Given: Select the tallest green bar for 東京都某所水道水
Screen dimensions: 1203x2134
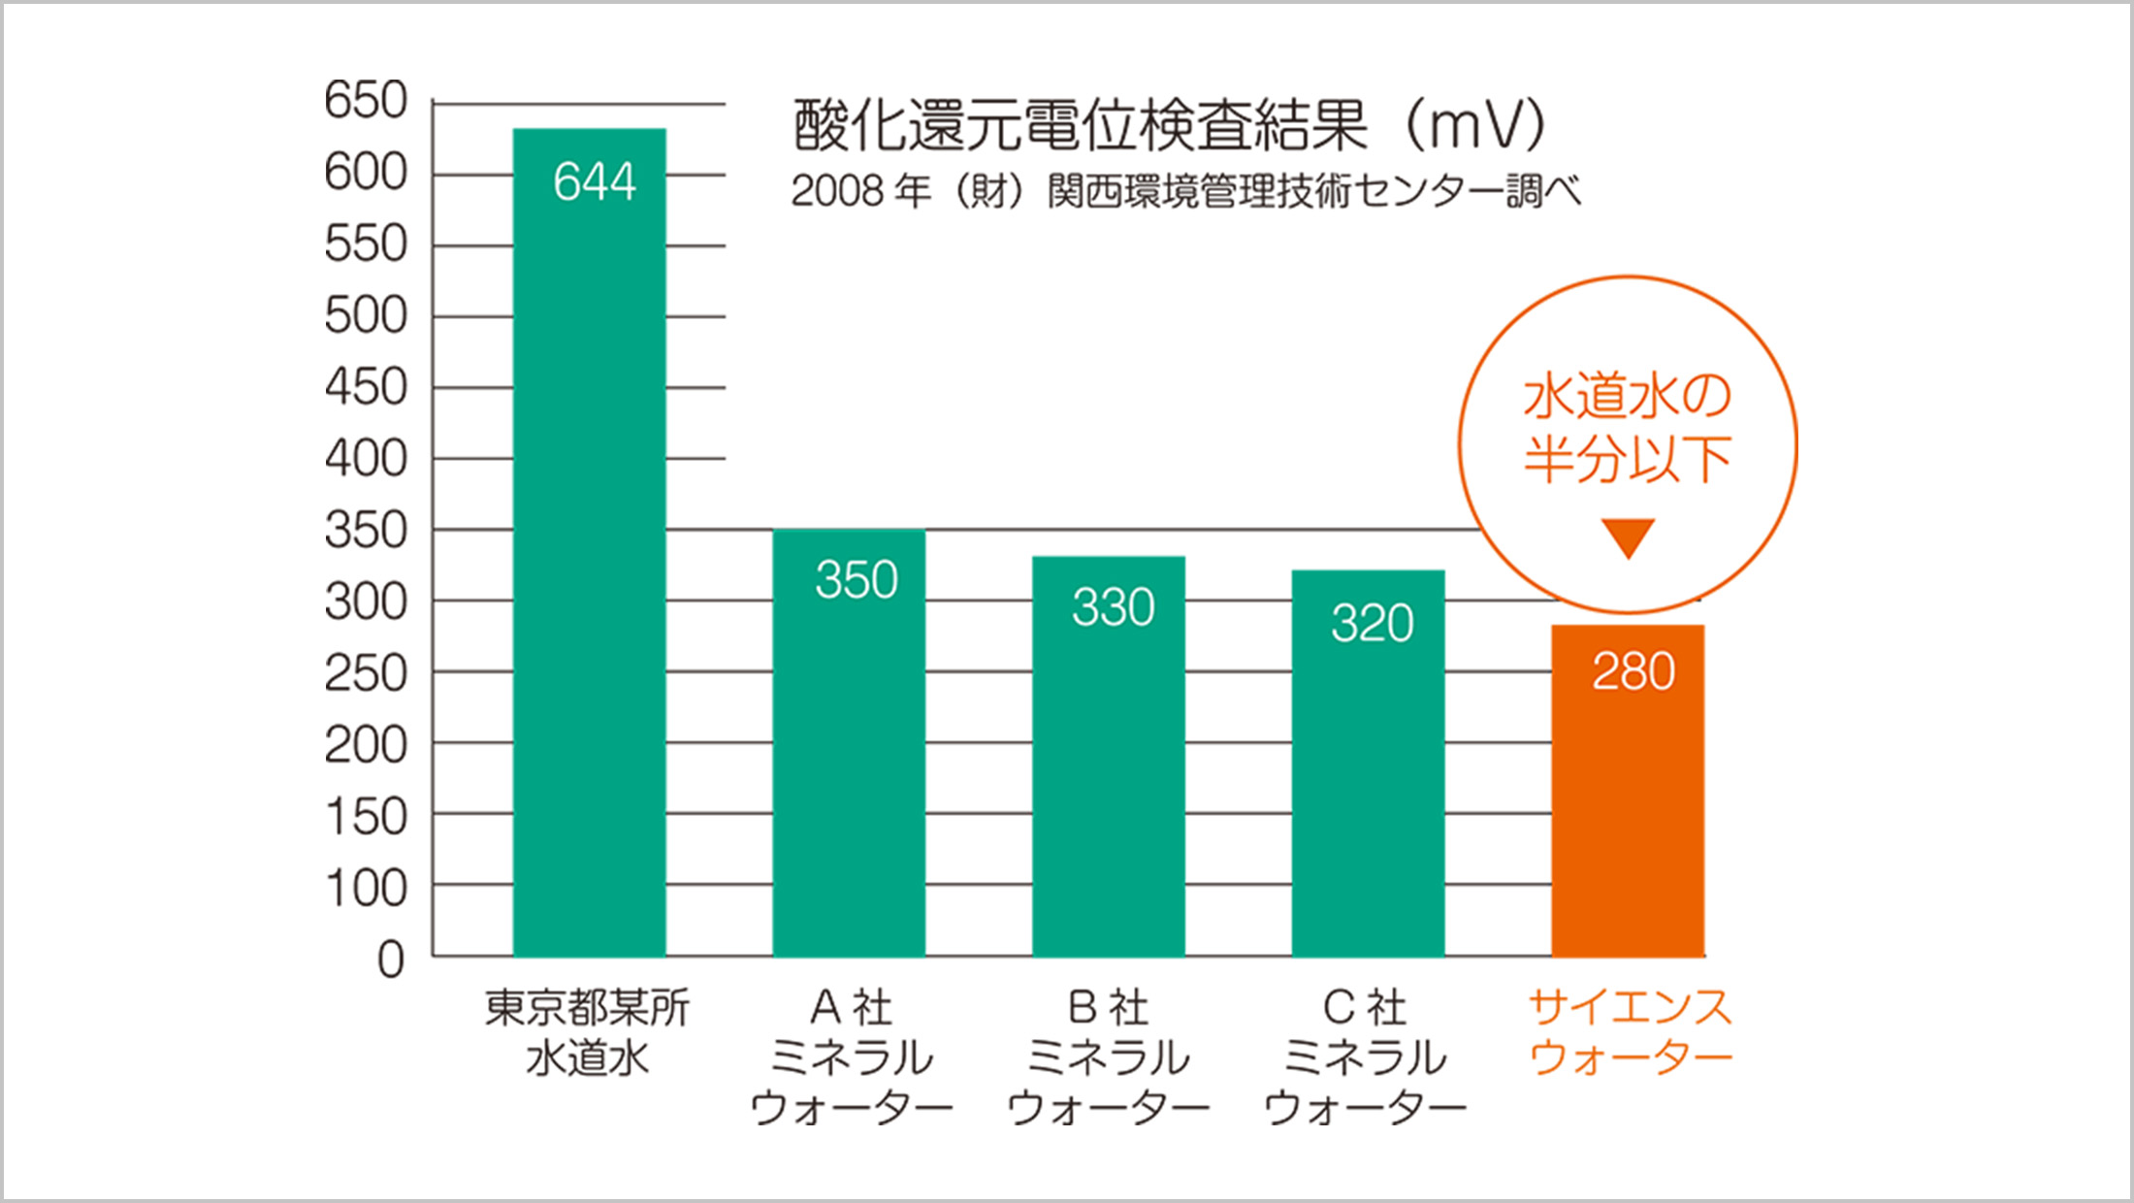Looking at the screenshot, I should click(589, 582).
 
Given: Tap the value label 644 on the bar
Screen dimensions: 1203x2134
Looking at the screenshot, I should click(595, 181).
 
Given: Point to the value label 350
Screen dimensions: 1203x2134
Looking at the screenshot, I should click(856, 579).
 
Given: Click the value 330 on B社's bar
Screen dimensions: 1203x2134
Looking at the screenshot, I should click(1113, 607).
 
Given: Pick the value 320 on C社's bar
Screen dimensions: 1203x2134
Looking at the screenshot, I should click(1372, 622).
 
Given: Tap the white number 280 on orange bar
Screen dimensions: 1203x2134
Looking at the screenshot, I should click(1633, 671).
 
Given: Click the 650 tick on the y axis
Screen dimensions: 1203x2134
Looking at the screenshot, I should click(366, 100).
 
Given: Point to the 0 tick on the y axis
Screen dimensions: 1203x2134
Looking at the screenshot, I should click(390, 959).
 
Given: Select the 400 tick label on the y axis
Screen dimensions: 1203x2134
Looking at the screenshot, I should click(366, 458).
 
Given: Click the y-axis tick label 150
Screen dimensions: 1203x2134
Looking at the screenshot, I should click(366, 817).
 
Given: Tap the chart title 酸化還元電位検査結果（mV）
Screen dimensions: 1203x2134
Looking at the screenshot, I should click(1169, 126).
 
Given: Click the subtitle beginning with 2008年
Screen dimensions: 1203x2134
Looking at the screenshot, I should click(1185, 191).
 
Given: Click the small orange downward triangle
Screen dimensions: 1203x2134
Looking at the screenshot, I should click(1628, 537).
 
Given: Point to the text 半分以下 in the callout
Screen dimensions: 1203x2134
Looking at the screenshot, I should click(1627, 459).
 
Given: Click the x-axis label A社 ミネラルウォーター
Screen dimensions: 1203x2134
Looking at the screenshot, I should click(851, 1057).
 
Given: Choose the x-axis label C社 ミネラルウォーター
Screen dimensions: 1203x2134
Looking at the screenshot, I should click(1365, 1057).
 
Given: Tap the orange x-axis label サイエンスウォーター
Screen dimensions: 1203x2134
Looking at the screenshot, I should click(1630, 1032).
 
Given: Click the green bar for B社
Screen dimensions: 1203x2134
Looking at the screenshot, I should click(1108, 776).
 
